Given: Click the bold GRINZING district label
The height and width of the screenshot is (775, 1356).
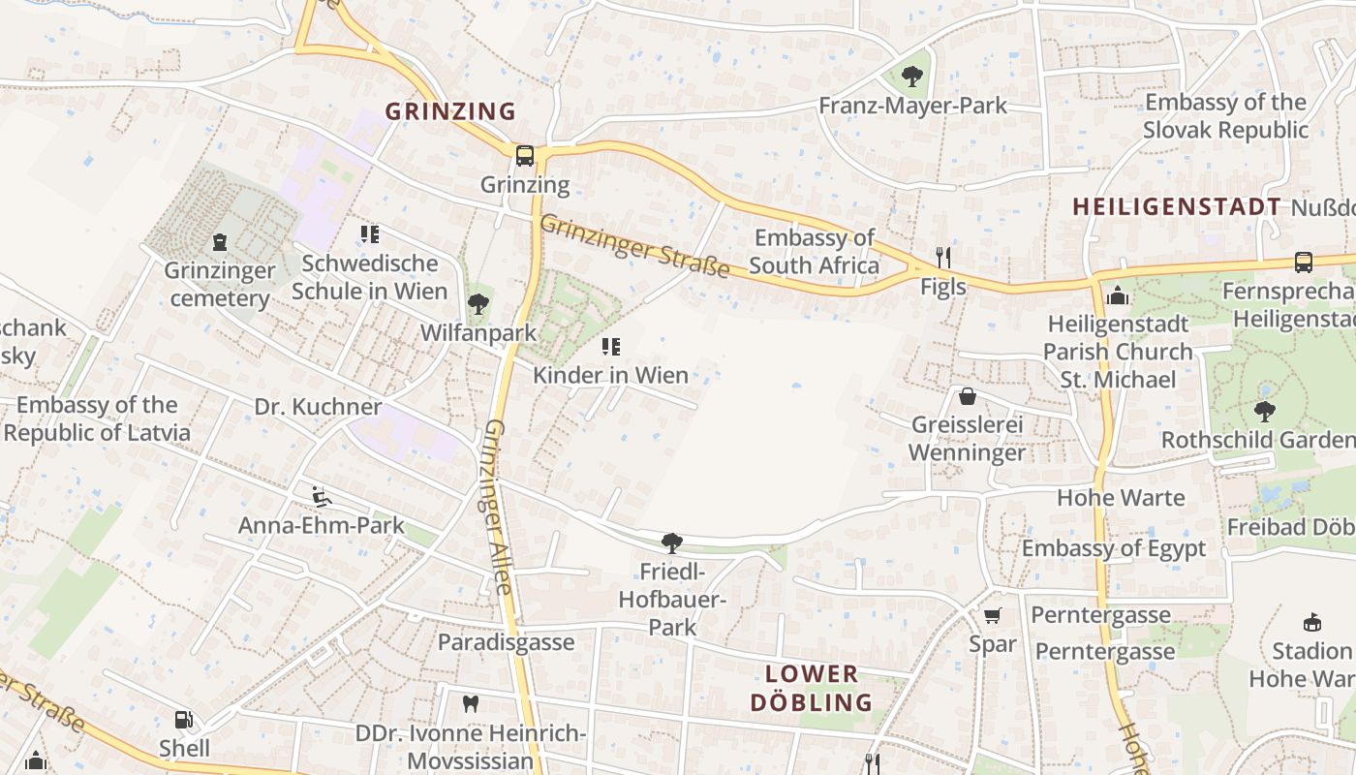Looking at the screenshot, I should pos(450,111).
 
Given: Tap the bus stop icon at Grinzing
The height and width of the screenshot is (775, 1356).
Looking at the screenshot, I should pos(524,155).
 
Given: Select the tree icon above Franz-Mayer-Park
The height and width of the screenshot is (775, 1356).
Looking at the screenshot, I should pos(911,76).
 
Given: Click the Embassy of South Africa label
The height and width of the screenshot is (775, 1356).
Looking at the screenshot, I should pos(814,251).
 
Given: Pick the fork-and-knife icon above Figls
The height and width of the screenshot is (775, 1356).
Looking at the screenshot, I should pos(943,257).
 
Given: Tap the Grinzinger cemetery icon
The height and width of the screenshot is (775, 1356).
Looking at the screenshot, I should pos(220,242).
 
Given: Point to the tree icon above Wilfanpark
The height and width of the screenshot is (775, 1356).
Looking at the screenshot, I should pos(478,304).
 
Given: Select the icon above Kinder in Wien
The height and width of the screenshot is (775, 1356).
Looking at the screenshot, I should pos(610,346).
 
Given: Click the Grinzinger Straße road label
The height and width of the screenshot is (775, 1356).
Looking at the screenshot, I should pos(633,246).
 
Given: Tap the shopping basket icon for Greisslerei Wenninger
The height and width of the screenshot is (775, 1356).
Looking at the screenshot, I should pos(967,396).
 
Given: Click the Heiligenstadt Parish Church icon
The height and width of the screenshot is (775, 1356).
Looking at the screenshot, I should pos(1118,295).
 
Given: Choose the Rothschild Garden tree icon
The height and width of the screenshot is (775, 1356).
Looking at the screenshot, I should pos(1264,411).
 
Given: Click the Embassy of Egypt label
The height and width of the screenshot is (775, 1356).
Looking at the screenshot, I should pos(1114,548).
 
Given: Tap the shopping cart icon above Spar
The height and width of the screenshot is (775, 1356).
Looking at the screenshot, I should pos(993,616).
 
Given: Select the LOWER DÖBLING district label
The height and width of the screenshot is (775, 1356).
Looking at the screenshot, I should pos(812,688).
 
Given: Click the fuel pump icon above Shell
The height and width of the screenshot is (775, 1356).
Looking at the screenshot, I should pos(183,719).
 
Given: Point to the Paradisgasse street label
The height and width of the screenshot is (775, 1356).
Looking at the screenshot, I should pos(506,642).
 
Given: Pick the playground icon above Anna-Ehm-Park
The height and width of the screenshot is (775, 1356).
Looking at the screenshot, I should pos(321,497).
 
